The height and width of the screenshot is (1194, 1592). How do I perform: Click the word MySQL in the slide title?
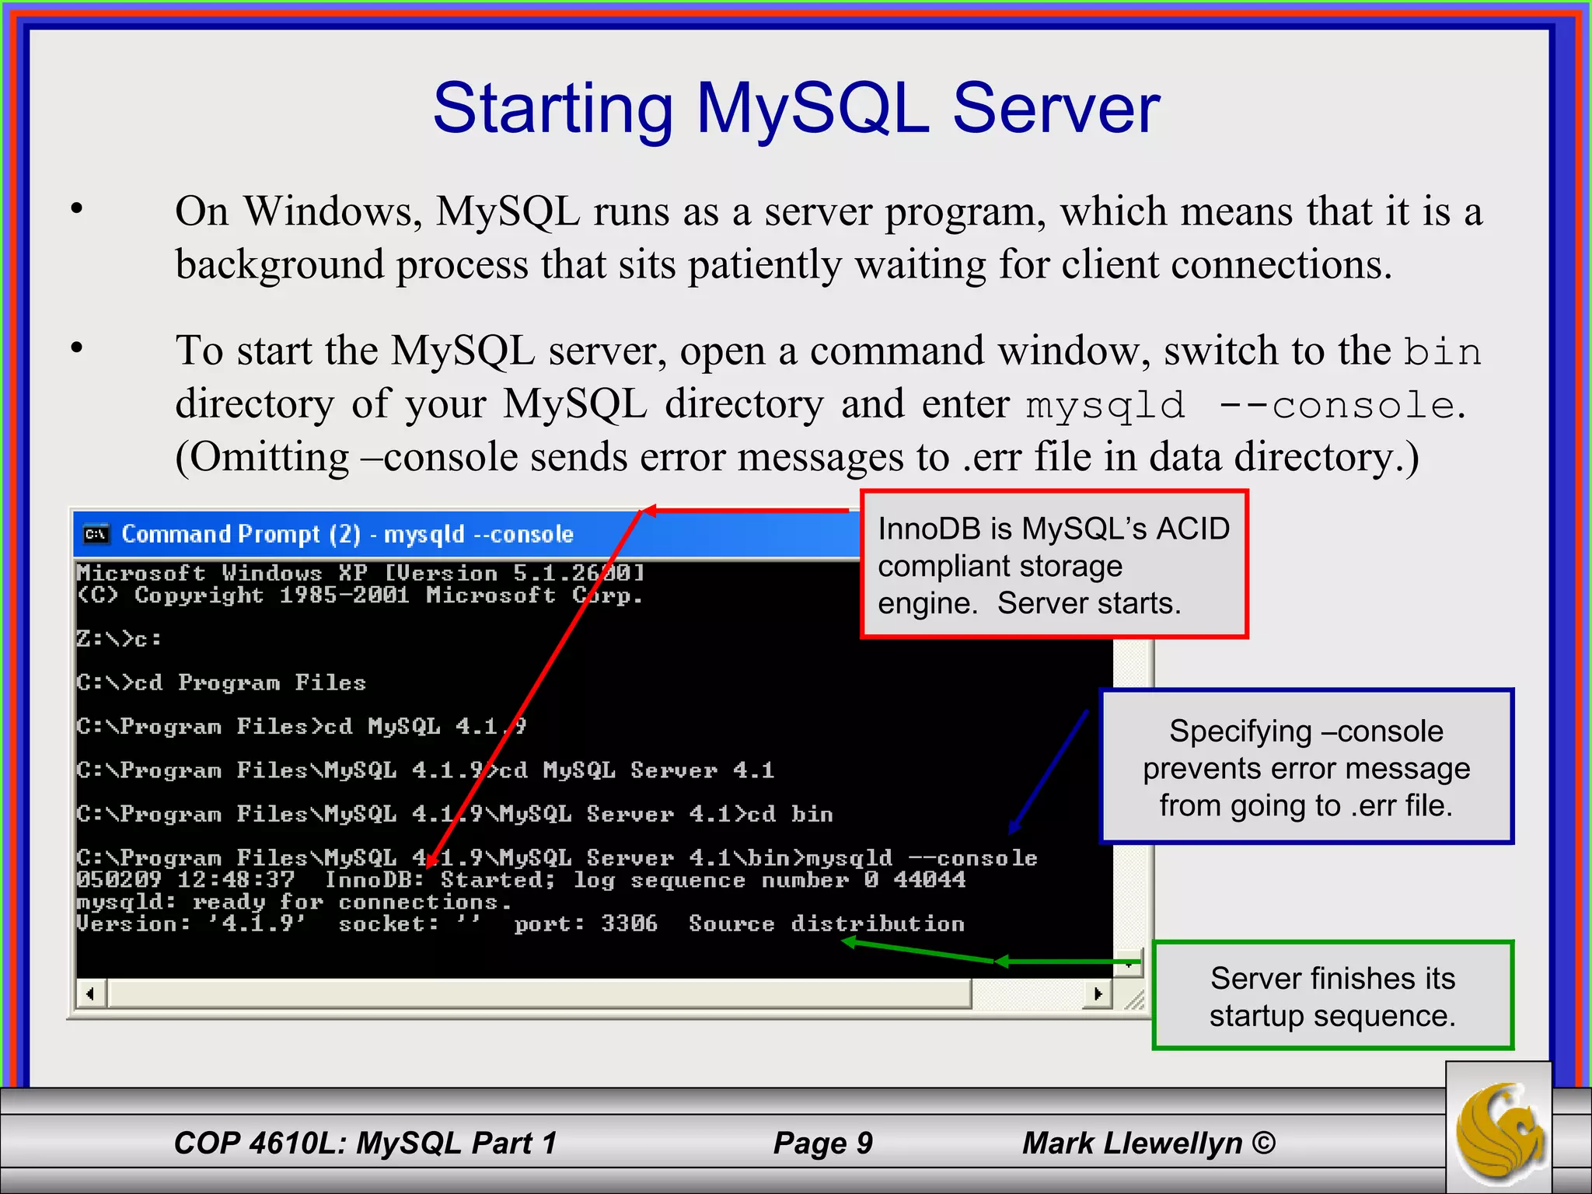point(812,109)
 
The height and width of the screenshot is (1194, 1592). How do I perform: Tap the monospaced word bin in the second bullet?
point(1443,352)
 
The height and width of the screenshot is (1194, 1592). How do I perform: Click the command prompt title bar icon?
point(96,534)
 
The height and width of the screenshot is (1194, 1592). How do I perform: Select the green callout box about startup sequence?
point(1332,996)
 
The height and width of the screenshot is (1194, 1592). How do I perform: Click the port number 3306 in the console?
point(629,923)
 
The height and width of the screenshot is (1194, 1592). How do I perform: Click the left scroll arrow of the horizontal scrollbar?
point(91,993)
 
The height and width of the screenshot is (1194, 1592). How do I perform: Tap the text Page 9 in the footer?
point(822,1143)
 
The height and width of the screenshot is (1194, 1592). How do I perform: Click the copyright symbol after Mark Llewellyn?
point(1264,1143)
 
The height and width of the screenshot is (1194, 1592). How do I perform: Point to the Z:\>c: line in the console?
point(119,639)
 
